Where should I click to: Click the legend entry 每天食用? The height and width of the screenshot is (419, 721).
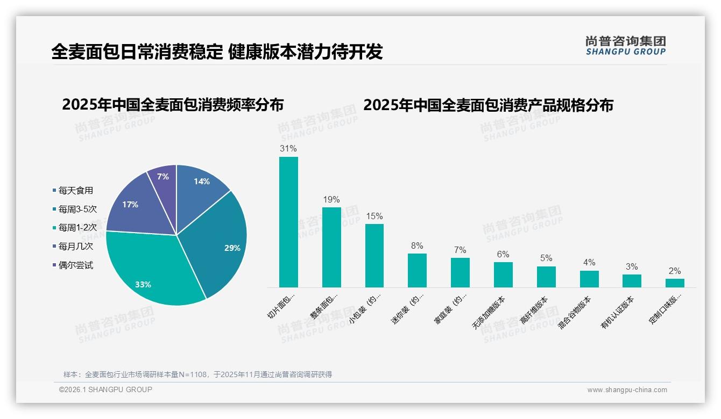[76, 190]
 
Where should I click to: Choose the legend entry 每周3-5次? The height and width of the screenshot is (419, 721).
[77, 209]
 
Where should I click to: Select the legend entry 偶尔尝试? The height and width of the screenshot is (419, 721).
[76, 265]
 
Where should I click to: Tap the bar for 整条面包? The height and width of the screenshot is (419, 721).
[331, 247]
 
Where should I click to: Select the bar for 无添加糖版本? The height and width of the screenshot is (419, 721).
[503, 274]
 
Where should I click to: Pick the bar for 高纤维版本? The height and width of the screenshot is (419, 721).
[546, 277]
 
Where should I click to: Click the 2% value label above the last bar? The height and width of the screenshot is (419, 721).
[675, 271]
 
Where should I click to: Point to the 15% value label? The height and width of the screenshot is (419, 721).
[374, 216]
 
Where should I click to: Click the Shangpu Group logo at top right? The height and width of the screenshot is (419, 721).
[625, 46]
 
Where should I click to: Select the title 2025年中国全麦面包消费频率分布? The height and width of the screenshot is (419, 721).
[173, 105]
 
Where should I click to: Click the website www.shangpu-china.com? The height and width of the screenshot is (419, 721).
[627, 390]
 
